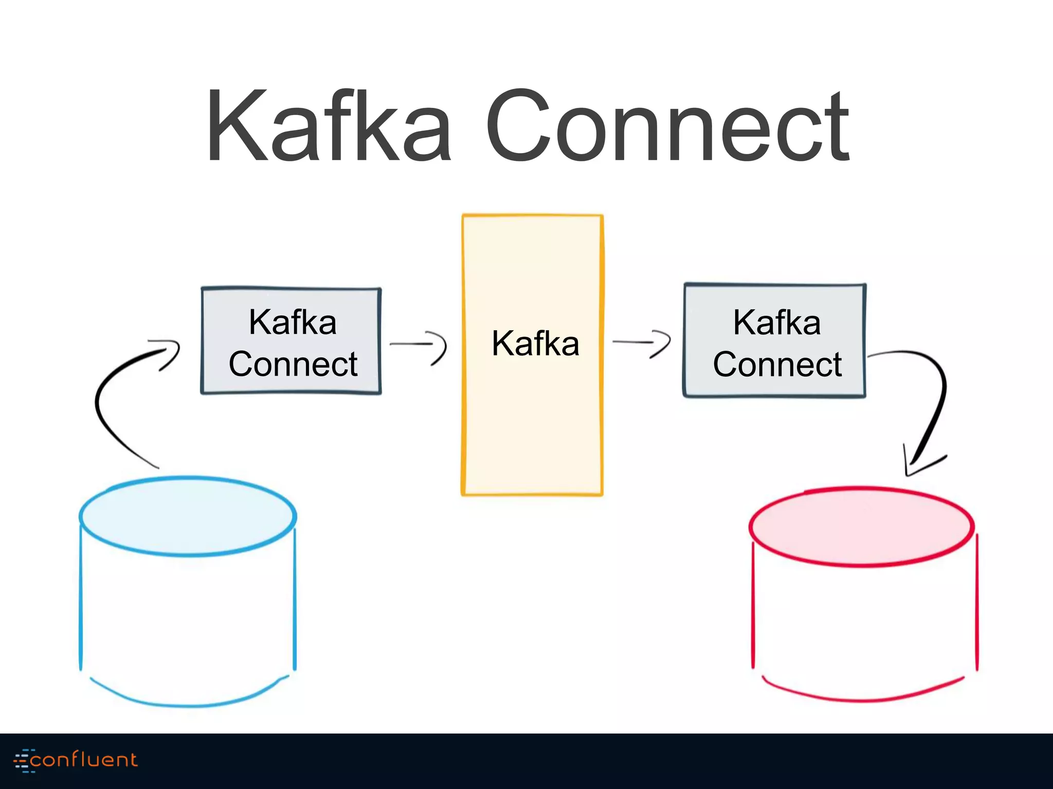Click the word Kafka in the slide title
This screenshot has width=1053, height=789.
click(329, 126)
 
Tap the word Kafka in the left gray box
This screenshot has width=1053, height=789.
click(293, 322)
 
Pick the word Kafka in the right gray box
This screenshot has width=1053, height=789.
click(776, 322)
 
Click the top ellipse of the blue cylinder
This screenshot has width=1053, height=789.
click(188, 516)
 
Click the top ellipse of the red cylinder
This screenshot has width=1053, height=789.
click(861, 527)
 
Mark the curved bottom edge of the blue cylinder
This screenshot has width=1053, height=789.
click(188, 705)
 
